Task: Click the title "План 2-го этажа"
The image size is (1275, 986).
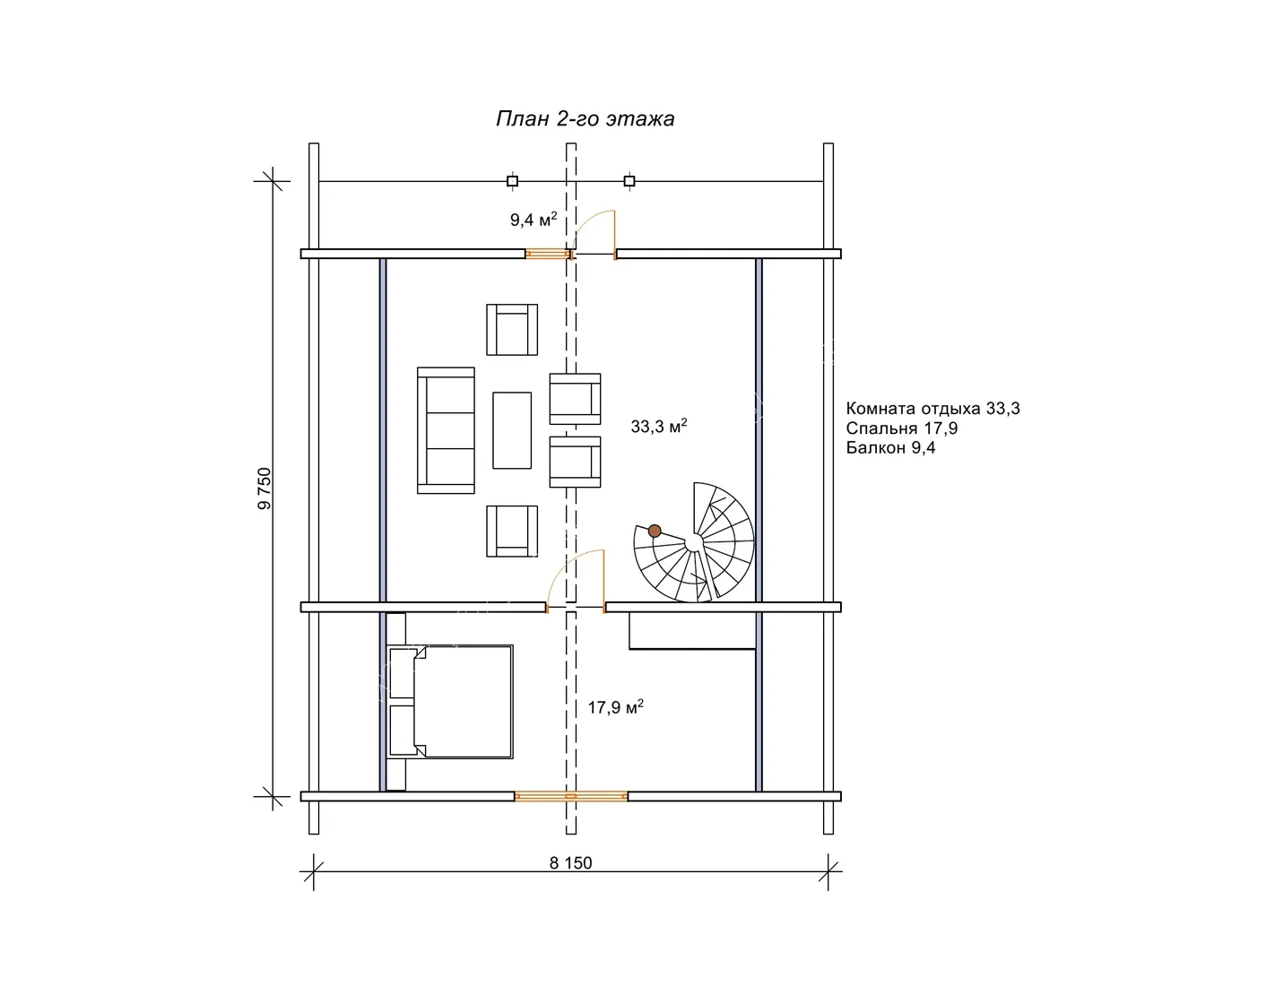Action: tap(585, 119)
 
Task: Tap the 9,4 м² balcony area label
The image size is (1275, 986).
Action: tap(533, 220)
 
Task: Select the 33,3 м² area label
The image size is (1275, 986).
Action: tap(658, 426)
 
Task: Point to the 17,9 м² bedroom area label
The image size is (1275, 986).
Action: tap(615, 707)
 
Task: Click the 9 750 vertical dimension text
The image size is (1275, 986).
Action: tap(265, 488)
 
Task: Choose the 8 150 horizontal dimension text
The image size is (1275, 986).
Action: tap(570, 863)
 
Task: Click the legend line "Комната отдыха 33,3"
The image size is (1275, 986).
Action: tap(932, 408)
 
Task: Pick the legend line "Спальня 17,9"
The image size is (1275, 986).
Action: tap(901, 428)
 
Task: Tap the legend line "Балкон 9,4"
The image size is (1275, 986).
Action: tap(890, 447)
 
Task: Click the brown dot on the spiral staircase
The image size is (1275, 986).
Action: tap(655, 531)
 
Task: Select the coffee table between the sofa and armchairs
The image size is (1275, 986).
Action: tap(512, 430)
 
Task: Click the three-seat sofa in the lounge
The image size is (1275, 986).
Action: tap(446, 430)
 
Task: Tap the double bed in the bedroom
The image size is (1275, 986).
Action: tap(449, 702)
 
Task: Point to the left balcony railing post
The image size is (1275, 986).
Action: tap(512, 181)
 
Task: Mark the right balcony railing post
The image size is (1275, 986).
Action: tap(629, 181)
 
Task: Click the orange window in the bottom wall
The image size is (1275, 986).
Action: tap(571, 796)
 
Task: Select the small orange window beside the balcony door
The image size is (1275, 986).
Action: tap(548, 254)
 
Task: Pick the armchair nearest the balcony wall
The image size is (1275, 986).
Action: tap(512, 330)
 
